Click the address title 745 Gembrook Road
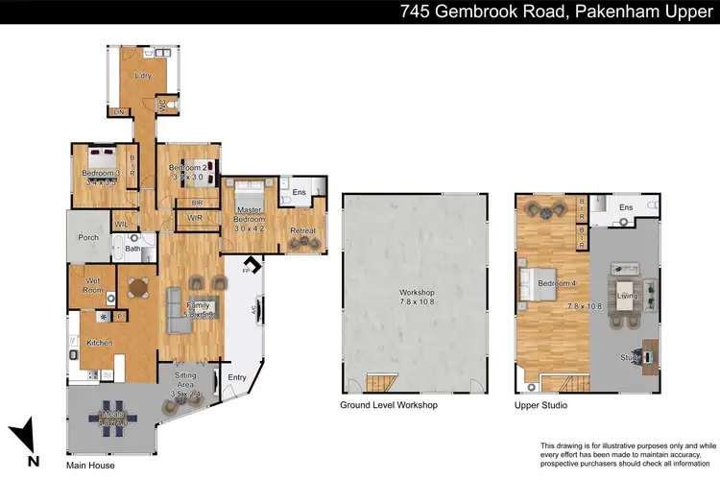[557, 12]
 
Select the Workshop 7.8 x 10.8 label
[418, 297]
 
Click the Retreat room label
[302, 230]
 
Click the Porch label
[87, 238]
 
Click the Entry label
[236, 377]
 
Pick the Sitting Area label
[187, 387]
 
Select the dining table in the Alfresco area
[114, 417]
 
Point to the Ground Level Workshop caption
[389, 406]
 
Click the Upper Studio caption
[540, 406]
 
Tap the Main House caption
[90, 466]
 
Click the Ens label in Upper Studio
[626, 207]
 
